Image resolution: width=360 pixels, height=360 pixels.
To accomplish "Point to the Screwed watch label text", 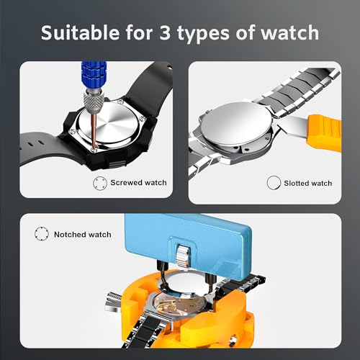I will tap(138, 183).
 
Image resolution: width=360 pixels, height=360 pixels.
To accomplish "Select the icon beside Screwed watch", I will tap(99, 183).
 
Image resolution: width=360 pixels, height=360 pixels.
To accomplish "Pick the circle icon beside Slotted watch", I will tap(272, 183).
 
